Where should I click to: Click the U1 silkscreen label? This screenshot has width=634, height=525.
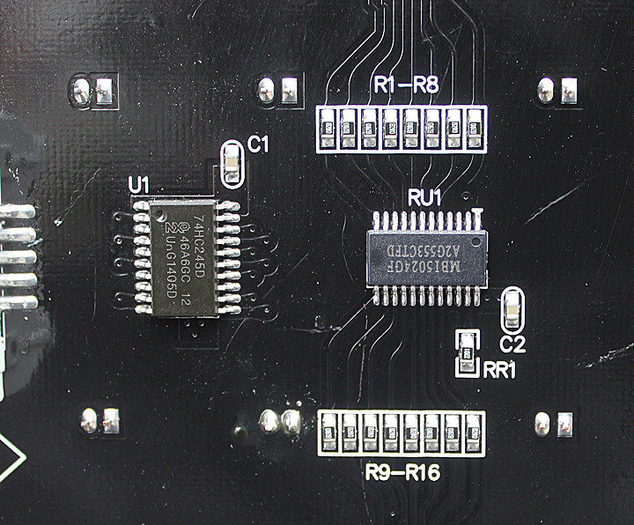[140, 186]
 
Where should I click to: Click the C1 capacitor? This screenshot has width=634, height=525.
[232, 164]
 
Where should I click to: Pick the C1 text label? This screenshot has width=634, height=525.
[259, 145]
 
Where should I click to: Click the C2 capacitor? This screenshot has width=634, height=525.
[512, 309]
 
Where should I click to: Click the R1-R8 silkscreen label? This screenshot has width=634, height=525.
[406, 85]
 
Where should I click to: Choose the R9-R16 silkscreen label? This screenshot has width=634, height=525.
[402, 476]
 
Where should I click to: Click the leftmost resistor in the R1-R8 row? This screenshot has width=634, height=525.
[327, 128]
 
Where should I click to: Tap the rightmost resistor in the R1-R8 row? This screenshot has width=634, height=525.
[475, 128]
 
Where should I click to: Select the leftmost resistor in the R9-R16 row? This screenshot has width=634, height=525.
[328, 433]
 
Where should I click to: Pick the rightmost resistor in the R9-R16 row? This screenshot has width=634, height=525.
[474, 433]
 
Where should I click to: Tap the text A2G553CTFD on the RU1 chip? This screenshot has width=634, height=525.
[426, 244]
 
